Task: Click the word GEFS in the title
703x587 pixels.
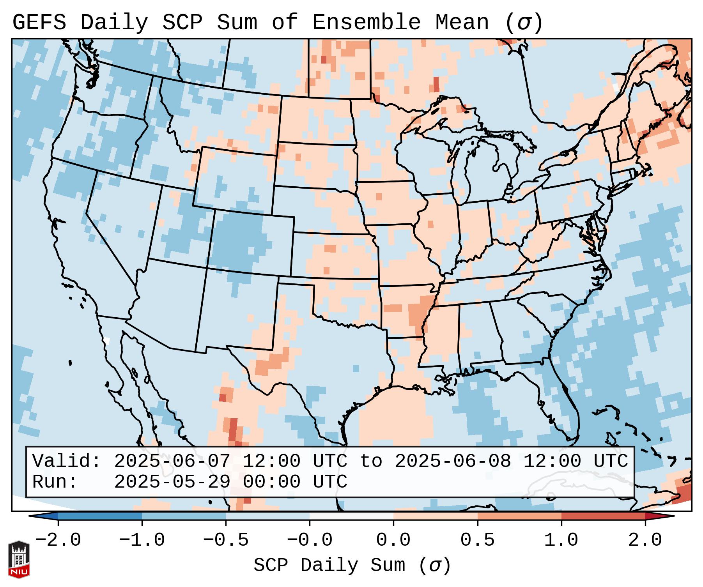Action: point(39,23)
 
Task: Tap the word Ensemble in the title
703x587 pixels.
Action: point(366,23)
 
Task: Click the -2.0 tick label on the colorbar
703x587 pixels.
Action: point(58,540)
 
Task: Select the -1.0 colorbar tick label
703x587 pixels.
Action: point(142,540)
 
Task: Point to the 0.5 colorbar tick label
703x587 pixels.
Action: point(477,540)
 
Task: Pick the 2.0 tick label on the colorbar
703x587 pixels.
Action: point(645,540)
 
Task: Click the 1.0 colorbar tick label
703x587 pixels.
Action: point(561,540)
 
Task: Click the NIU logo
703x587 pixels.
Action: point(19,559)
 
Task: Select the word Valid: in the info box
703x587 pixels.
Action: point(67,461)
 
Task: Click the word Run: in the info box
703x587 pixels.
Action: point(55,482)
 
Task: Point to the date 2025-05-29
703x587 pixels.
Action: point(172,482)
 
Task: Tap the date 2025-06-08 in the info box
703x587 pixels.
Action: point(453,461)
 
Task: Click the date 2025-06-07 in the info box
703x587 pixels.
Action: point(172,461)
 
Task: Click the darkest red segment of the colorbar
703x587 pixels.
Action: point(603,516)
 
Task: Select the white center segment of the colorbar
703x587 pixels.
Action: point(351,516)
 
